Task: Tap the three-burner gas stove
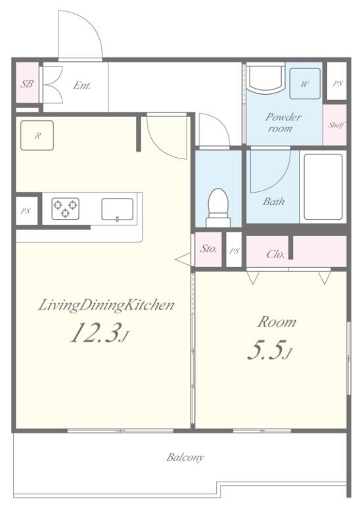click(65, 208)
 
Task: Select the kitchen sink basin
click(118, 209)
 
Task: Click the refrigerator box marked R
click(37, 135)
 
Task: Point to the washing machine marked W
click(305, 84)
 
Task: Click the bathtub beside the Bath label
click(323, 187)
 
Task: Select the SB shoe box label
click(27, 84)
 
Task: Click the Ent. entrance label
click(82, 85)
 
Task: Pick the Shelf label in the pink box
click(336, 125)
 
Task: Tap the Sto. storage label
click(208, 249)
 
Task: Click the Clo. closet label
click(276, 254)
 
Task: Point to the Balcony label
click(185, 458)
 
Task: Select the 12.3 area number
click(97, 333)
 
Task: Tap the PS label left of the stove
click(26, 211)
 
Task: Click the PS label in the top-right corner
click(338, 84)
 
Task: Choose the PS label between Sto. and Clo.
click(235, 251)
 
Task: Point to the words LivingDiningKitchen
click(106, 305)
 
